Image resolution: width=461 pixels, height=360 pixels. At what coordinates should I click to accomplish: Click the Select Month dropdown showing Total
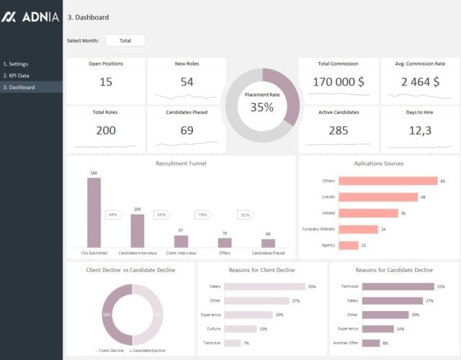pyautogui.click(x=125, y=40)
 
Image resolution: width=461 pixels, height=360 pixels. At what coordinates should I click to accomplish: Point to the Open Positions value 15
pyautogui.click(x=106, y=82)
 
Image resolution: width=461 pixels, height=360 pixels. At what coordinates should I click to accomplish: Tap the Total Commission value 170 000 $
pyautogui.click(x=338, y=82)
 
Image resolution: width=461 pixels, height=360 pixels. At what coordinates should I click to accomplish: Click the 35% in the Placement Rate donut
pyautogui.click(x=261, y=107)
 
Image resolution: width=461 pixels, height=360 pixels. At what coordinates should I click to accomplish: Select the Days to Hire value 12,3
pyautogui.click(x=419, y=130)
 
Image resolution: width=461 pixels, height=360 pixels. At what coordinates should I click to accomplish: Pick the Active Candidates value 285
pyautogui.click(x=338, y=130)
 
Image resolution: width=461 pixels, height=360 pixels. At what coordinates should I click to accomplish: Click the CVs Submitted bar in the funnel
pyautogui.click(x=94, y=212)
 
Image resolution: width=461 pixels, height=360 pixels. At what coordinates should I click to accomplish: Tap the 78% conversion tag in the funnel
pyautogui.click(x=202, y=215)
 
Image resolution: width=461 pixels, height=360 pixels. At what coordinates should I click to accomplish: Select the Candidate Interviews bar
pyautogui.click(x=137, y=230)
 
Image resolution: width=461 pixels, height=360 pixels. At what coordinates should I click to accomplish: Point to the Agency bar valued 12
pyautogui.click(x=348, y=246)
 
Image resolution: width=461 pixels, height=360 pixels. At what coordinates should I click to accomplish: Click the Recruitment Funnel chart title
pyautogui.click(x=181, y=163)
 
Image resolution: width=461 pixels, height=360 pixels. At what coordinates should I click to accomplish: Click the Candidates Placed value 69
pyautogui.click(x=187, y=130)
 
